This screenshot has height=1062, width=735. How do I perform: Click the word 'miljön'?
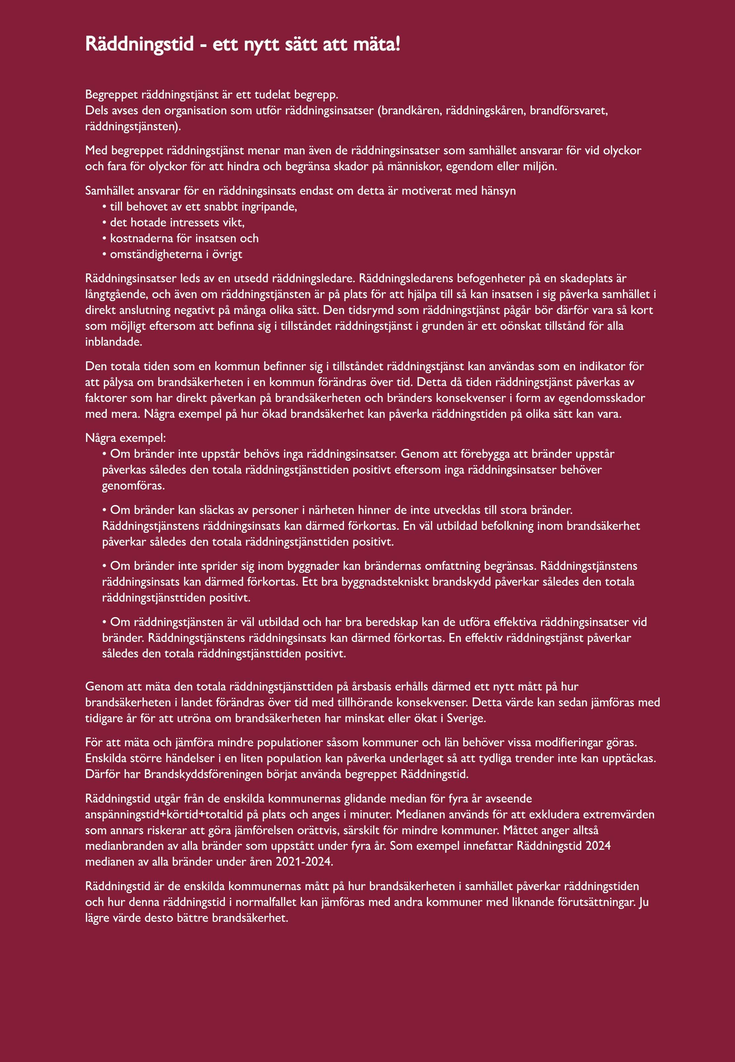[x=539, y=167]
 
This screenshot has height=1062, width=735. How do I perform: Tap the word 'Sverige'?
[x=466, y=719]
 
